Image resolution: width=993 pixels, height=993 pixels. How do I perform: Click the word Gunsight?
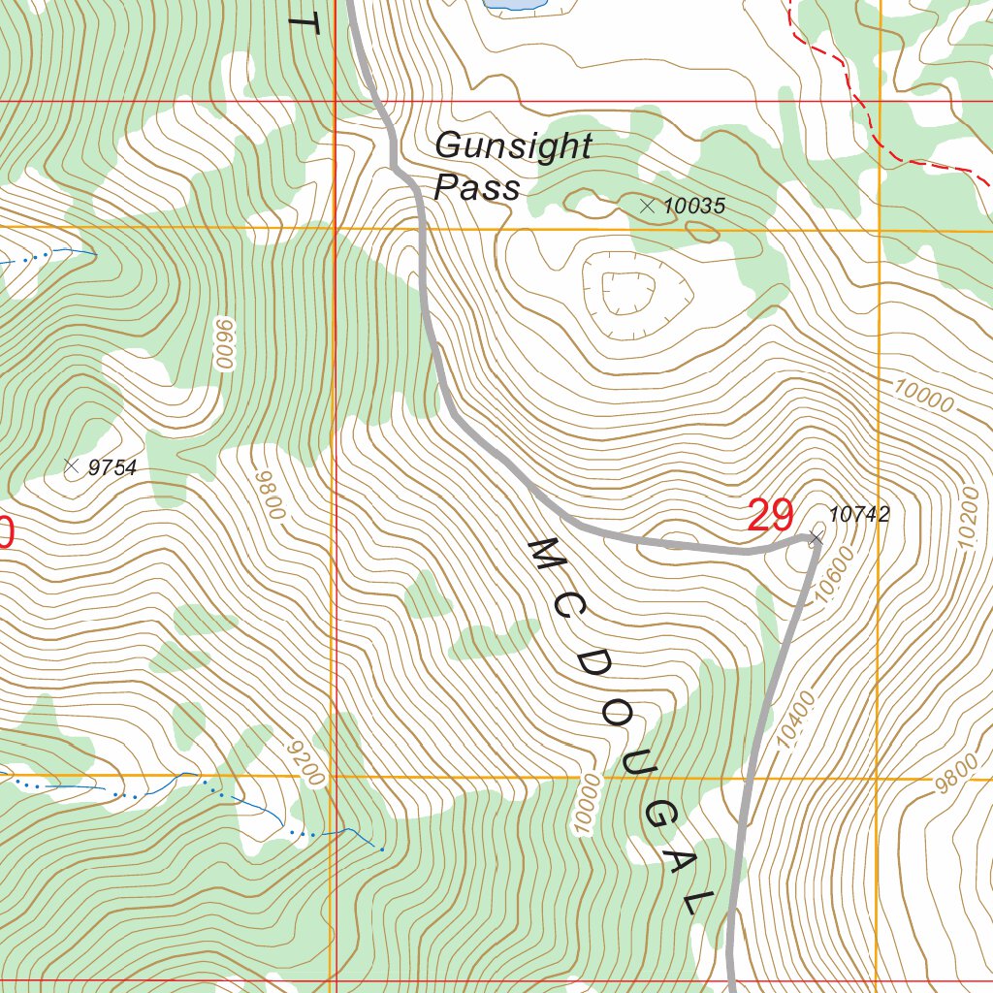(512, 147)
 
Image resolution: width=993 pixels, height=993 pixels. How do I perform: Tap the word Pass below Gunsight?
(476, 187)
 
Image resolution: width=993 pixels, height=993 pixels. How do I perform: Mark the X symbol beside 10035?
(648, 206)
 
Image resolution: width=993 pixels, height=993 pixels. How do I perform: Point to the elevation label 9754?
(112, 468)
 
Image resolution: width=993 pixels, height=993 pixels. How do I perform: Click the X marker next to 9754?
(70, 466)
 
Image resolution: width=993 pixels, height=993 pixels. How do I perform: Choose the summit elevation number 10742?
(859, 515)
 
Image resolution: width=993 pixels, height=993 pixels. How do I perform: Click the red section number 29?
(771, 516)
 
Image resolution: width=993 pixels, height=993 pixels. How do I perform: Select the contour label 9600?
(225, 344)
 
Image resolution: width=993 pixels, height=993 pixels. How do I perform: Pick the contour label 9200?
(306, 761)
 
